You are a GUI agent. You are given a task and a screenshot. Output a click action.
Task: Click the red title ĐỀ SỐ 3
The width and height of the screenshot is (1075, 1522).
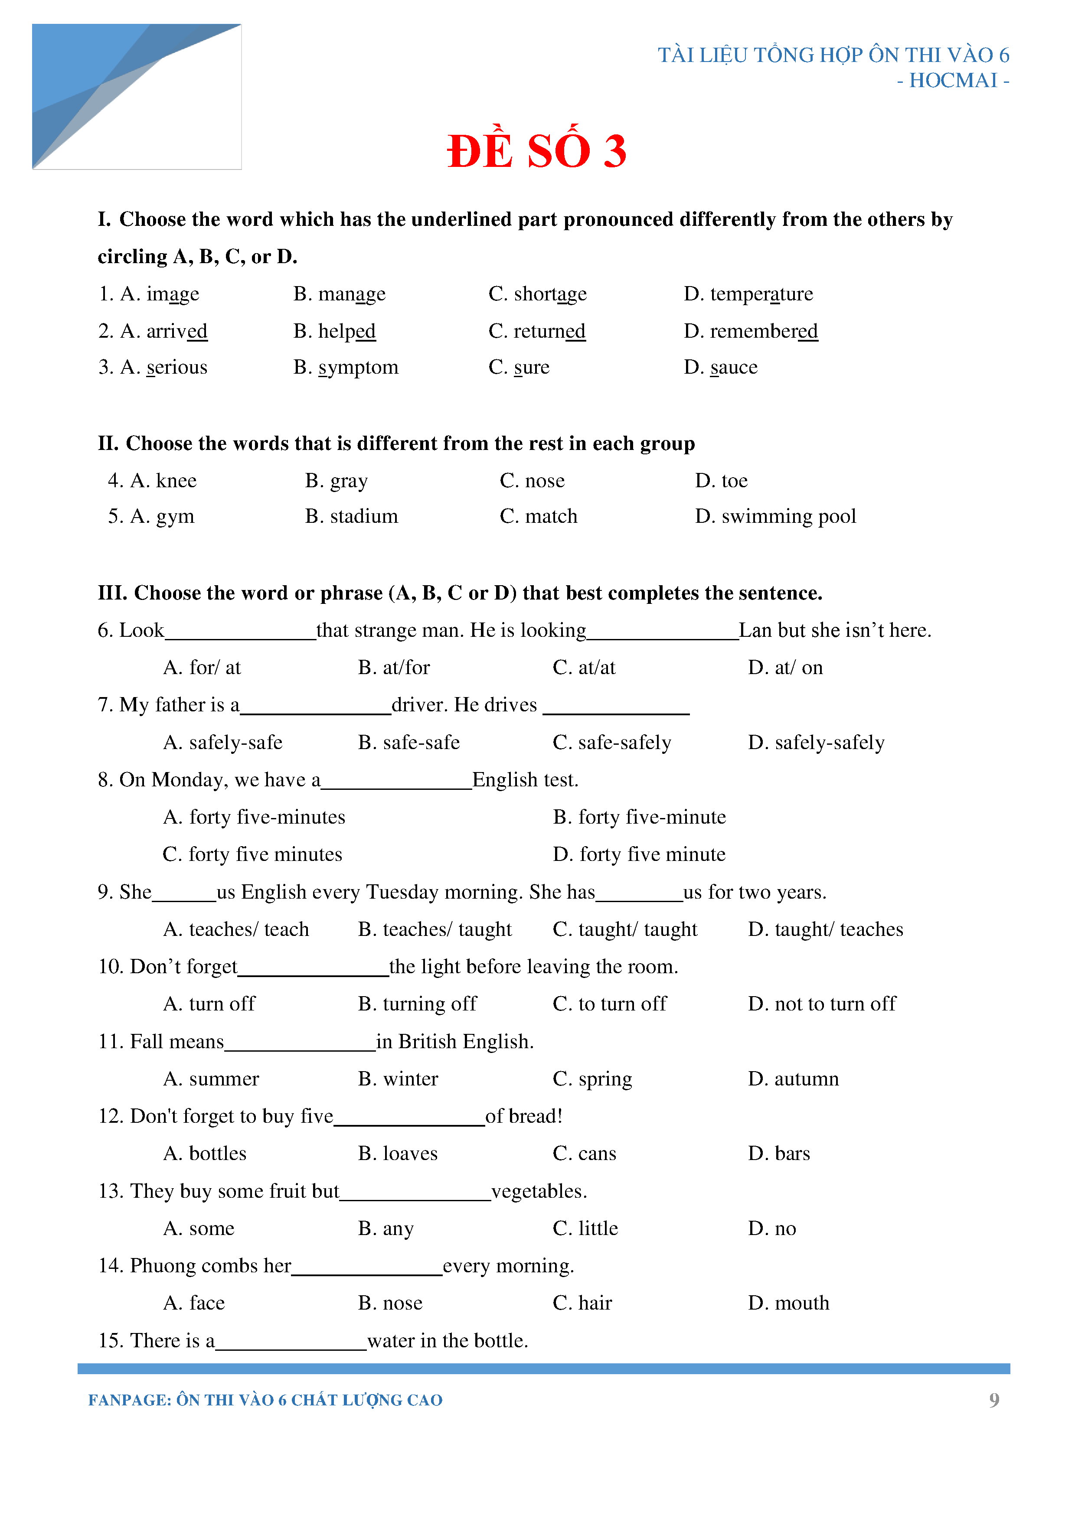[536, 151]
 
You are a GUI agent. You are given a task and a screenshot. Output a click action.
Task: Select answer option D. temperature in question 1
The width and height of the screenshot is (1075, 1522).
[748, 293]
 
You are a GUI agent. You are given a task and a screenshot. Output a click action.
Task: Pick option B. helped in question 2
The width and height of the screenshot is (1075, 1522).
[334, 331]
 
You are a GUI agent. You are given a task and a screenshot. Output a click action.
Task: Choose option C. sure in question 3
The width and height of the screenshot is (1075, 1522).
[519, 367]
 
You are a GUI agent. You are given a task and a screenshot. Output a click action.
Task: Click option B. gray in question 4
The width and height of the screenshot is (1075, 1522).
[336, 481]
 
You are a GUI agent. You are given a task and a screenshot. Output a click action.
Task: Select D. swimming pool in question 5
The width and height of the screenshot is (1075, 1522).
[775, 516]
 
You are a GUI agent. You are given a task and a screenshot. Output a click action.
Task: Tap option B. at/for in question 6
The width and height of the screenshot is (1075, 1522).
[394, 668]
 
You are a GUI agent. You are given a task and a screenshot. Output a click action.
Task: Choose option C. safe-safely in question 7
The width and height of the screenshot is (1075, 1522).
[611, 743]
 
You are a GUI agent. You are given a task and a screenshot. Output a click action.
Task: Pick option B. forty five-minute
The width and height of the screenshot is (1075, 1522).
[639, 817]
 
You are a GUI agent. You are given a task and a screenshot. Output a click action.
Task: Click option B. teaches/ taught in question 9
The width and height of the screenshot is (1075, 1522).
[435, 929]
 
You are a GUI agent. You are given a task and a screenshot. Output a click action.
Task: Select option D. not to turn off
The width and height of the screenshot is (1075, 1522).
[822, 1004]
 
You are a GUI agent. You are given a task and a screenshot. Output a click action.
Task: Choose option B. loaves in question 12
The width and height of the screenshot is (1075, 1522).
[398, 1154]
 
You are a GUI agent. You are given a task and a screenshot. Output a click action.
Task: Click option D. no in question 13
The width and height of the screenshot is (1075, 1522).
[772, 1229]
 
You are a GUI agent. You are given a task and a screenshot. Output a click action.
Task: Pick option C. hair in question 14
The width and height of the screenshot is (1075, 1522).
[582, 1303]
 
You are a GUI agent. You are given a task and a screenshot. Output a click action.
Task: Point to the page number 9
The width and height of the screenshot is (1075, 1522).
[993, 1400]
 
